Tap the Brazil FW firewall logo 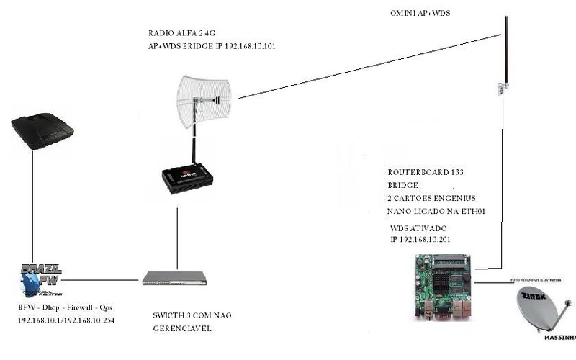point(41,279)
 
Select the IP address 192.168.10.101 point(248,46)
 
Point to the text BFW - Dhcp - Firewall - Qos point(65,308)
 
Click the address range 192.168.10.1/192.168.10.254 point(67,320)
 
